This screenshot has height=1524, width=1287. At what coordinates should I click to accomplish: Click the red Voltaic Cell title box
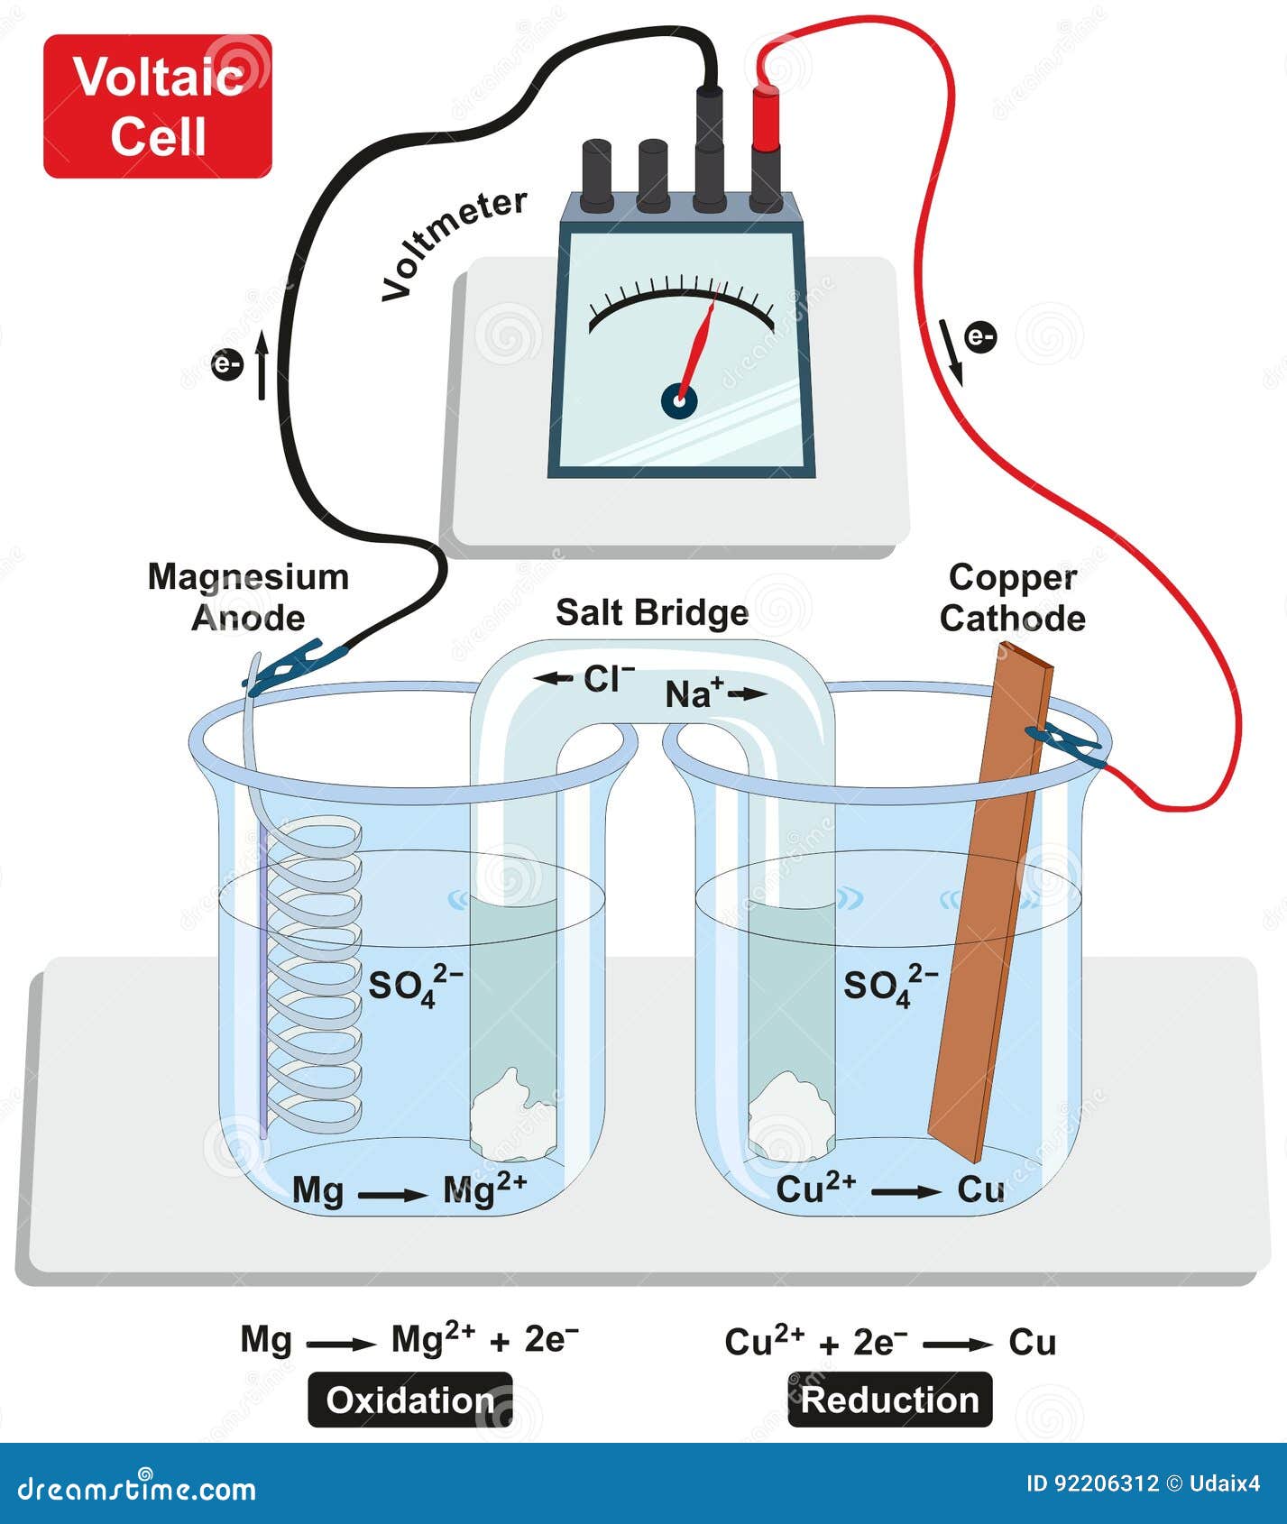click(158, 106)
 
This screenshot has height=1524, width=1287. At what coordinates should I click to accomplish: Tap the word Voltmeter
click(454, 244)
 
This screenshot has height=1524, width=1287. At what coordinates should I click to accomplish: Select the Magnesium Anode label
click(248, 597)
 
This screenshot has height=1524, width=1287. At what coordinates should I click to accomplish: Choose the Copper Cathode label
click(1013, 597)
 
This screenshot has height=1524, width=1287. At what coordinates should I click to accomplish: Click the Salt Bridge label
click(652, 612)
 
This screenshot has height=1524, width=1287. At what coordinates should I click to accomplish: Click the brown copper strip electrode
click(990, 902)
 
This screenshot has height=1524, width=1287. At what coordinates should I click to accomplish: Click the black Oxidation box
click(410, 1400)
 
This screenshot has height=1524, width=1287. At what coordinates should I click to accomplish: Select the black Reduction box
click(890, 1400)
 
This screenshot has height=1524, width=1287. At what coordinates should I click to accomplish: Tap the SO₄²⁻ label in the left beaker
click(416, 985)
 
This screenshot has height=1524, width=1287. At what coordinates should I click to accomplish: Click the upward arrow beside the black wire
click(262, 366)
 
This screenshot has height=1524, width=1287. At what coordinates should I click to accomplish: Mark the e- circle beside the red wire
click(980, 337)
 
